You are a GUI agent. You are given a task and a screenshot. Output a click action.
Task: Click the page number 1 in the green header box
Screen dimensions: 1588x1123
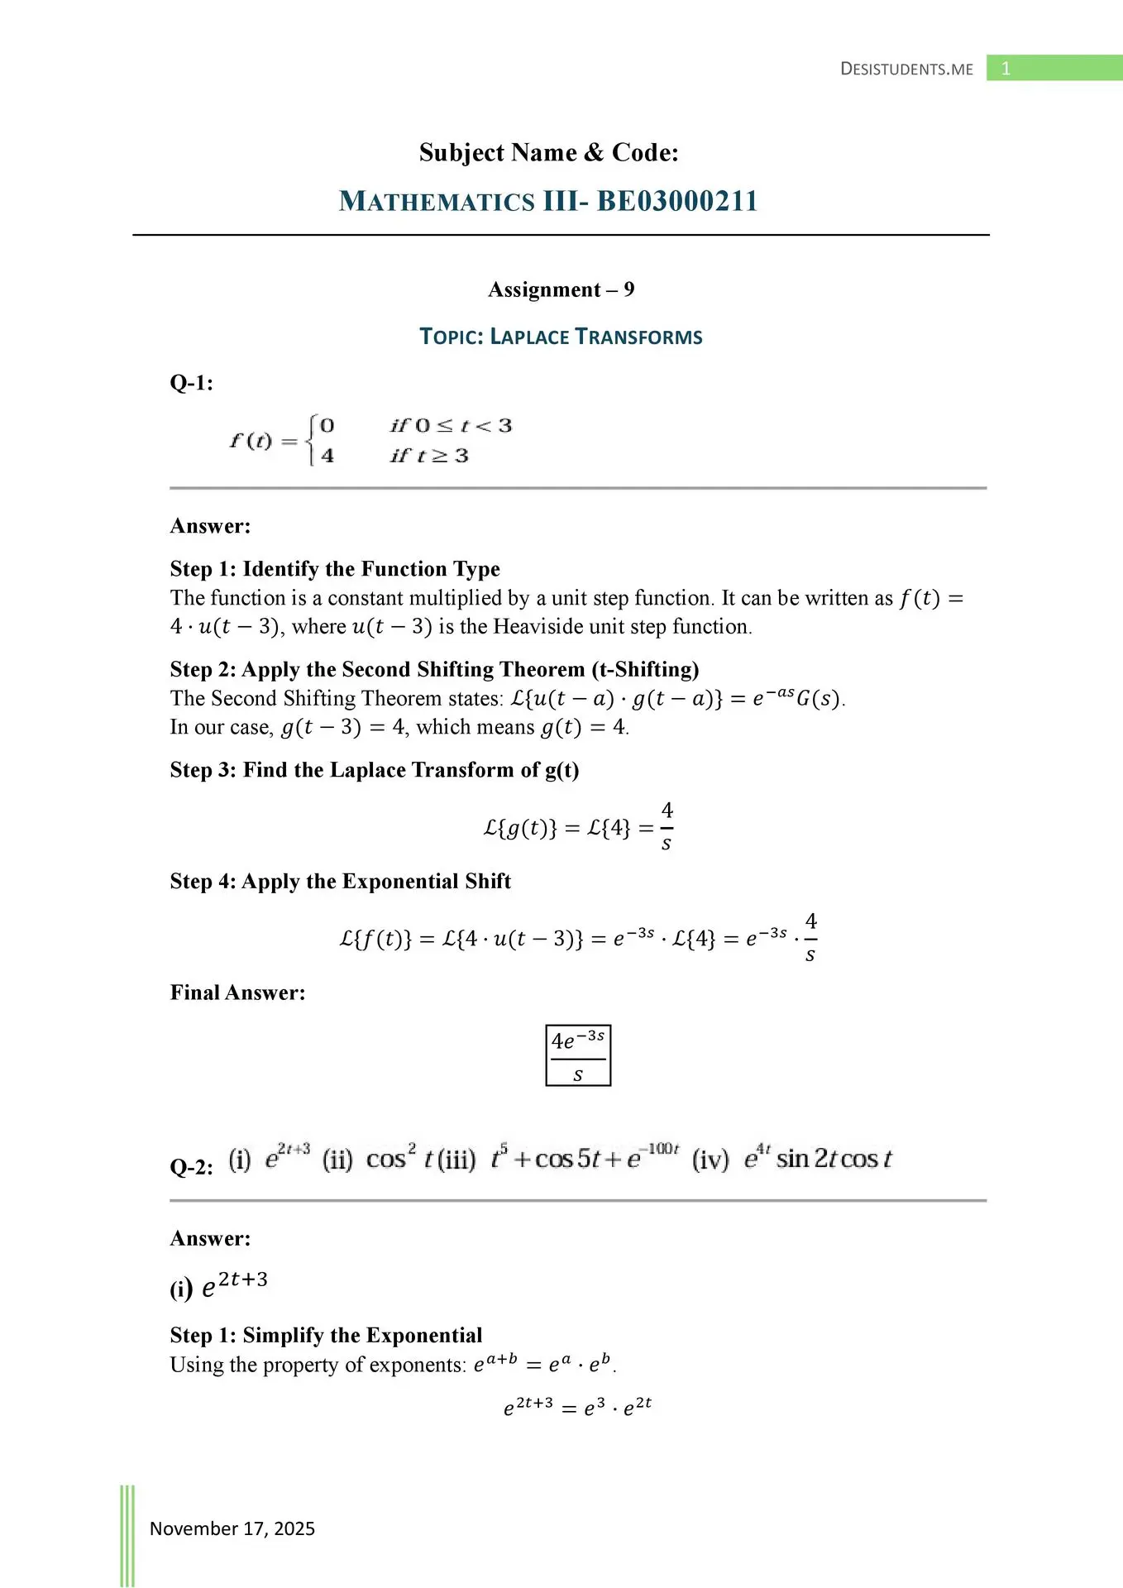coord(1006,69)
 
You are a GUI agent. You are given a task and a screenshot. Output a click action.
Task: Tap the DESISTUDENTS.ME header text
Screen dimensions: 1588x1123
coord(906,69)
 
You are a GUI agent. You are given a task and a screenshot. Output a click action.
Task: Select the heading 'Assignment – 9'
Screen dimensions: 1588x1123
coord(561,289)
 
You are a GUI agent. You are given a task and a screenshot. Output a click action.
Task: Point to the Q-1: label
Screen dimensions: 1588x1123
coord(191,383)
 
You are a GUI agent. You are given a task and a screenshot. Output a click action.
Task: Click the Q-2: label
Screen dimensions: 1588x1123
coord(191,1167)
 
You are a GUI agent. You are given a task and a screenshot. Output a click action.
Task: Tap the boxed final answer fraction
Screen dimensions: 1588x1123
coord(578,1055)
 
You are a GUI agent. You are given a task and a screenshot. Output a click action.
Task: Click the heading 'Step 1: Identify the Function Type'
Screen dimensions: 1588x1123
coord(335,569)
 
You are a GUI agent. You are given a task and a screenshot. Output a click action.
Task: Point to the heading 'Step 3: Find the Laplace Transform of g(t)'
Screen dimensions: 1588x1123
coord(375,770)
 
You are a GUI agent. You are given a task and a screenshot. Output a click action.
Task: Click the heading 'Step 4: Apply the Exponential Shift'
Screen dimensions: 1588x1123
coord(340,882)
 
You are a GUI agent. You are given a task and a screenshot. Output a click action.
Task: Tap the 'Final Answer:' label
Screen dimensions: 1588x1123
coord(237,992)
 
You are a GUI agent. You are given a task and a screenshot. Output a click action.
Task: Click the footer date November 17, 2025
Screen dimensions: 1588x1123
coord(232,1528)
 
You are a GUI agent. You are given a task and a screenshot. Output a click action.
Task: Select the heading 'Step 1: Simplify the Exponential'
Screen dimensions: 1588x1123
coord(326,1336)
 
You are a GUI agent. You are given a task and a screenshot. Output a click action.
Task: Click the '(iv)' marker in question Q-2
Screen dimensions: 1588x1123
coord(710,1160)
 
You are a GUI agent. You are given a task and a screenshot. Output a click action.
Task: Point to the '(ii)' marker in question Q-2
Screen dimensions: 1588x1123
coord(337,1160)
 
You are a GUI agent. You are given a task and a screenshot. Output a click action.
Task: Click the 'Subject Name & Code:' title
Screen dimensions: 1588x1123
coord(548,153)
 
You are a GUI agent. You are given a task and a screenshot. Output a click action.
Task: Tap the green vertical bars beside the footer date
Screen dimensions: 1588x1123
coord(127,1535)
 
